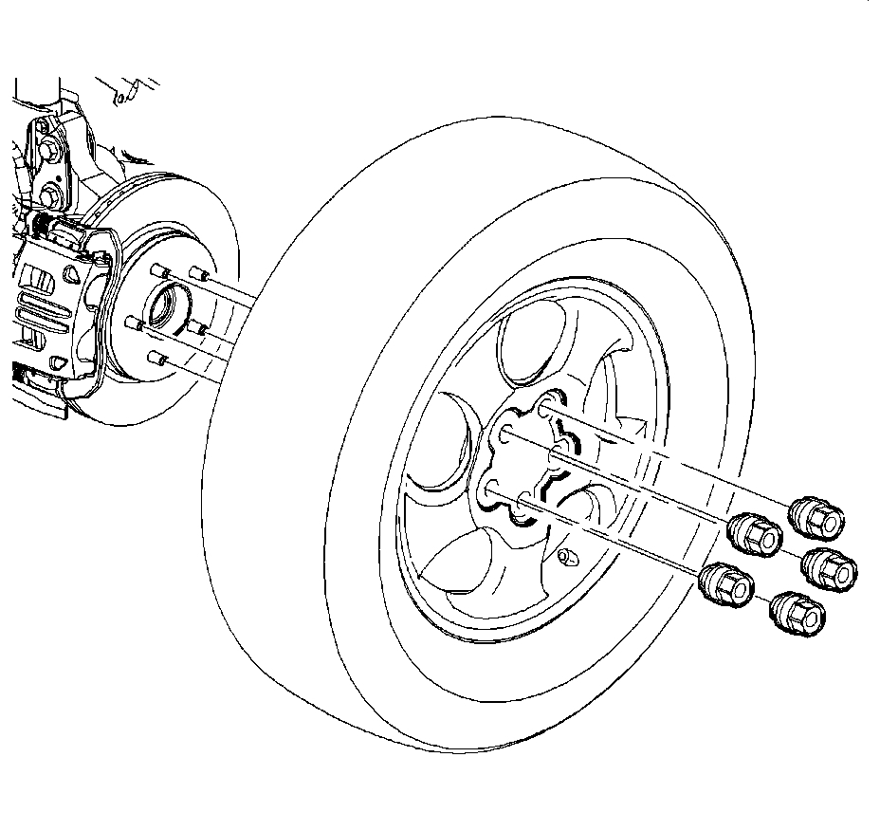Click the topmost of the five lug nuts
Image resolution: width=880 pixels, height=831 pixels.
816,516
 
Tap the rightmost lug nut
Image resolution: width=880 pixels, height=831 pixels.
831,566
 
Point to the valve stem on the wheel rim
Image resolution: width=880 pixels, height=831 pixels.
568,556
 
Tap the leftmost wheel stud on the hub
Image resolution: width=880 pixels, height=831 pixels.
133,323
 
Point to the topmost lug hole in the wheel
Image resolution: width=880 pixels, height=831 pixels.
544,411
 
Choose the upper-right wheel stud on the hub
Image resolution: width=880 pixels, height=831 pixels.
196,273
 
